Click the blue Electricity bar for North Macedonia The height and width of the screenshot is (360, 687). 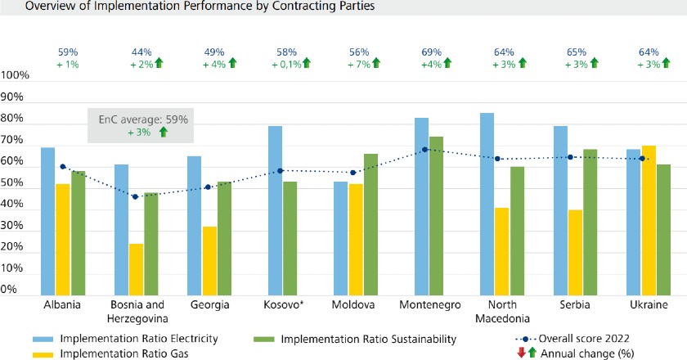487,204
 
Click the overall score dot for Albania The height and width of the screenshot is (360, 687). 62,167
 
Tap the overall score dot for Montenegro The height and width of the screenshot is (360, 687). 424,150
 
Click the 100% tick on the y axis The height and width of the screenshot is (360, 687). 16,75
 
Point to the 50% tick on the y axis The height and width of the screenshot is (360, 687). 16,190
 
